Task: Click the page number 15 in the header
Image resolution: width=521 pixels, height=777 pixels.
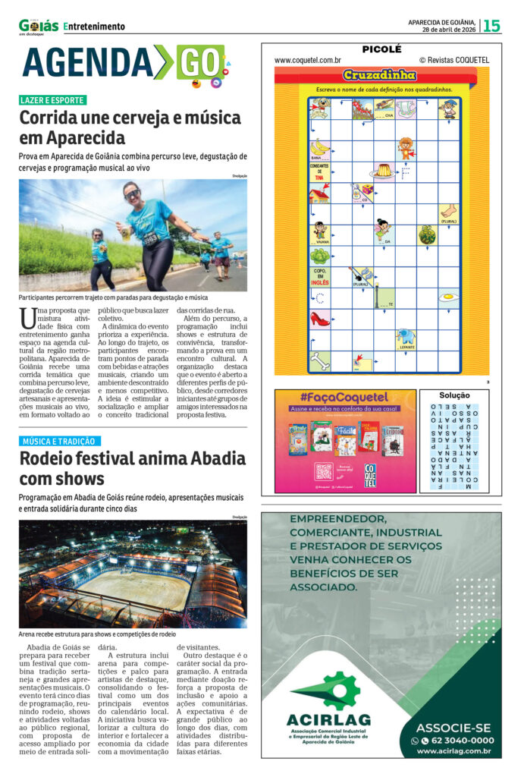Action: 492,25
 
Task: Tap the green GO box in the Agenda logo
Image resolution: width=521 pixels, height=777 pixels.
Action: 200,63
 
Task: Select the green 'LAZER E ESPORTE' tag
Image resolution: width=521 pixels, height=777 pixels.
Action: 53,100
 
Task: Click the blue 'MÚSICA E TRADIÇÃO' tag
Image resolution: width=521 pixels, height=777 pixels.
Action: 60,441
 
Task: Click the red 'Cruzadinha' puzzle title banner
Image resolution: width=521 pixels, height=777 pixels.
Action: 369,75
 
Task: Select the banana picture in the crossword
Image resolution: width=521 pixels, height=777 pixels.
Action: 319,146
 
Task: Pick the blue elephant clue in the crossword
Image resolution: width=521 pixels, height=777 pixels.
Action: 406,336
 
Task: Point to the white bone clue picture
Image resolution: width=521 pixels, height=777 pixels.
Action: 319,360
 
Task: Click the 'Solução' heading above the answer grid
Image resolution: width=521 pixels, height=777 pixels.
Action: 454,395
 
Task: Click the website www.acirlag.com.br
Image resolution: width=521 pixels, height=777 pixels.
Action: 454,751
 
